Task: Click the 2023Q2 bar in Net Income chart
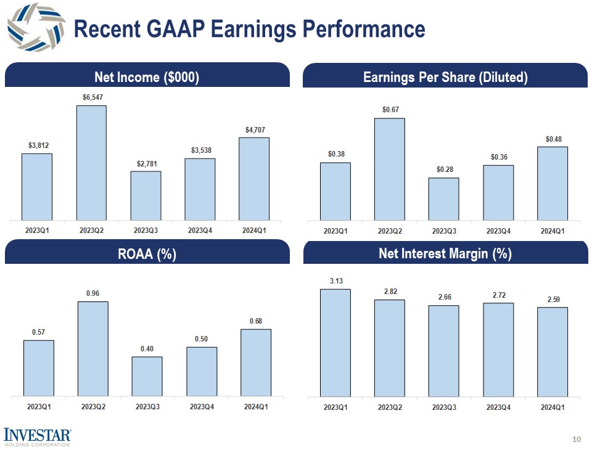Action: [x=91, y=162]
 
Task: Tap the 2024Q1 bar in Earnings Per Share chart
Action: [x=553, y=182]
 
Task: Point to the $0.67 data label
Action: [x=390, y=110]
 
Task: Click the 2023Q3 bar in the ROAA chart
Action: [x=147, y=376]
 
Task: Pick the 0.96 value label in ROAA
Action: [x=92, y=293]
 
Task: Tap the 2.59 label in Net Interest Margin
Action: [x=553, y=299]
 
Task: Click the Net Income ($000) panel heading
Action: [x=146, y=77]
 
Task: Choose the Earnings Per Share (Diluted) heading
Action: [x=445, y=77]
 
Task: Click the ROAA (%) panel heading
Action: [x=146, y=254]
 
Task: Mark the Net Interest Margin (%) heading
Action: [x=445, y=254]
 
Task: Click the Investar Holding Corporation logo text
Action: [x=38, y=436]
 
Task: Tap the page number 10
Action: [x=577, y=440]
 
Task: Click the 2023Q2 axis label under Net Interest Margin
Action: [x=390, y=407]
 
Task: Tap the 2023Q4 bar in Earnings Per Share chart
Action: [x=498, y=192]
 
